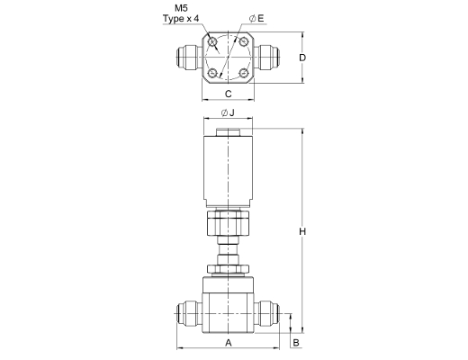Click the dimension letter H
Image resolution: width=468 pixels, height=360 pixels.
(x=302, y=231)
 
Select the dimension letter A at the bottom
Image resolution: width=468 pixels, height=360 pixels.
(x=229, y=342)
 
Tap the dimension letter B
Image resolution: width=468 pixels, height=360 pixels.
(x=296, y=343)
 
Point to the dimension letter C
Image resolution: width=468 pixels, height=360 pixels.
(x=229, y=94)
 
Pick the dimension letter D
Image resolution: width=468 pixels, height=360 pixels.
(x=302, y=58)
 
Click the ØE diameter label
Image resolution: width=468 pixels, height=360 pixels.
(x=256, y=19)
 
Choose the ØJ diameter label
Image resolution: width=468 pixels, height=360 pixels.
(x=228, y=112)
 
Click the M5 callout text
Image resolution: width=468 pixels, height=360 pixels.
(x=181, y=8)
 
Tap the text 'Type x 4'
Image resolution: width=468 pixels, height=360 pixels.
(x=181, y=19)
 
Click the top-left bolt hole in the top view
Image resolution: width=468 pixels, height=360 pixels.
(x=213, y=41)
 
